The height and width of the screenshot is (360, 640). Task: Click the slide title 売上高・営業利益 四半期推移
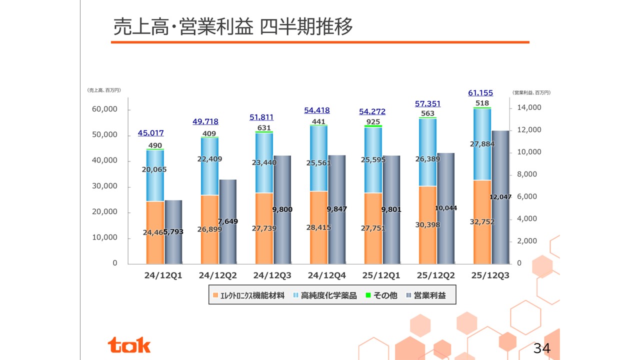pyautogui.click(x=233, y=26)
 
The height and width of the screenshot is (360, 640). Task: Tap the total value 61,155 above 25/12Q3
pyautogui.click(x=480, y=92)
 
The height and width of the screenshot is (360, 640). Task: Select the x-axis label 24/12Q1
pyautogui.click(x=163, y=275)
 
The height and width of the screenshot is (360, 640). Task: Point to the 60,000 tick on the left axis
pyautogui.click(x=104, y=109)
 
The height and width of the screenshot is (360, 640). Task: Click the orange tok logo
pyautogui.click(x=129, y=344)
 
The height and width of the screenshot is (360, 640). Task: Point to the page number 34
pyautogui.click(x=542, y=348)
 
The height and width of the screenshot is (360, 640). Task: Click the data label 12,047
pyautogui.click(x=500, y=197)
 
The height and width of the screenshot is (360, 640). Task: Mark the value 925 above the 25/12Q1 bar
pyautogui.click(x=373, y=122)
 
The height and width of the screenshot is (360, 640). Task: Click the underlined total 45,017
pyautogui.click(x=150, y=133)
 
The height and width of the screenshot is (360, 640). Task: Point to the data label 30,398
pyautogui.click(x=428, y=225)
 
